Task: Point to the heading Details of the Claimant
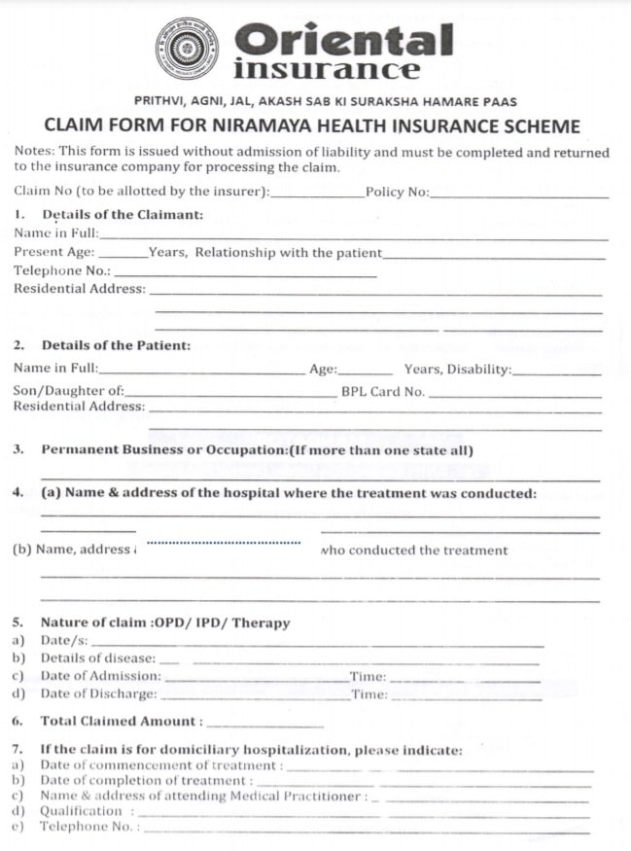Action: pos(123,214)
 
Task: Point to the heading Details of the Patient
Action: pos(116,345)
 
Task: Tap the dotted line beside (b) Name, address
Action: pos(223,543)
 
